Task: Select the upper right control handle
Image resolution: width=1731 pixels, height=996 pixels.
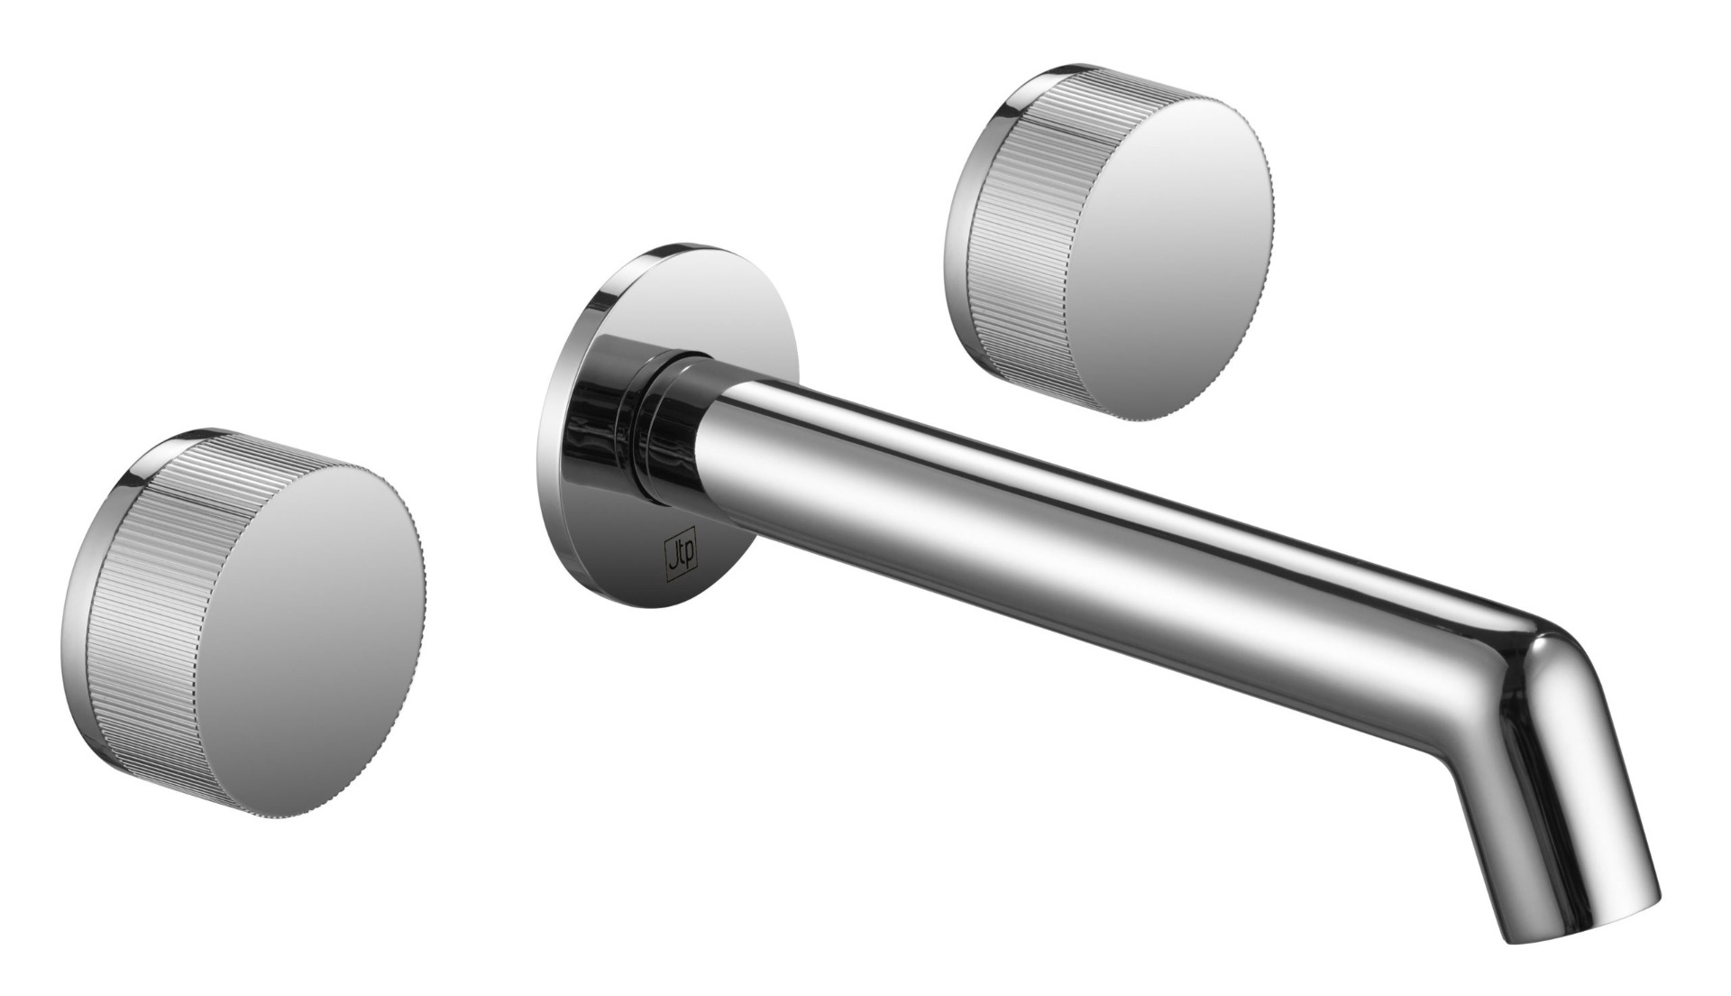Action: pos(1109,244)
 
